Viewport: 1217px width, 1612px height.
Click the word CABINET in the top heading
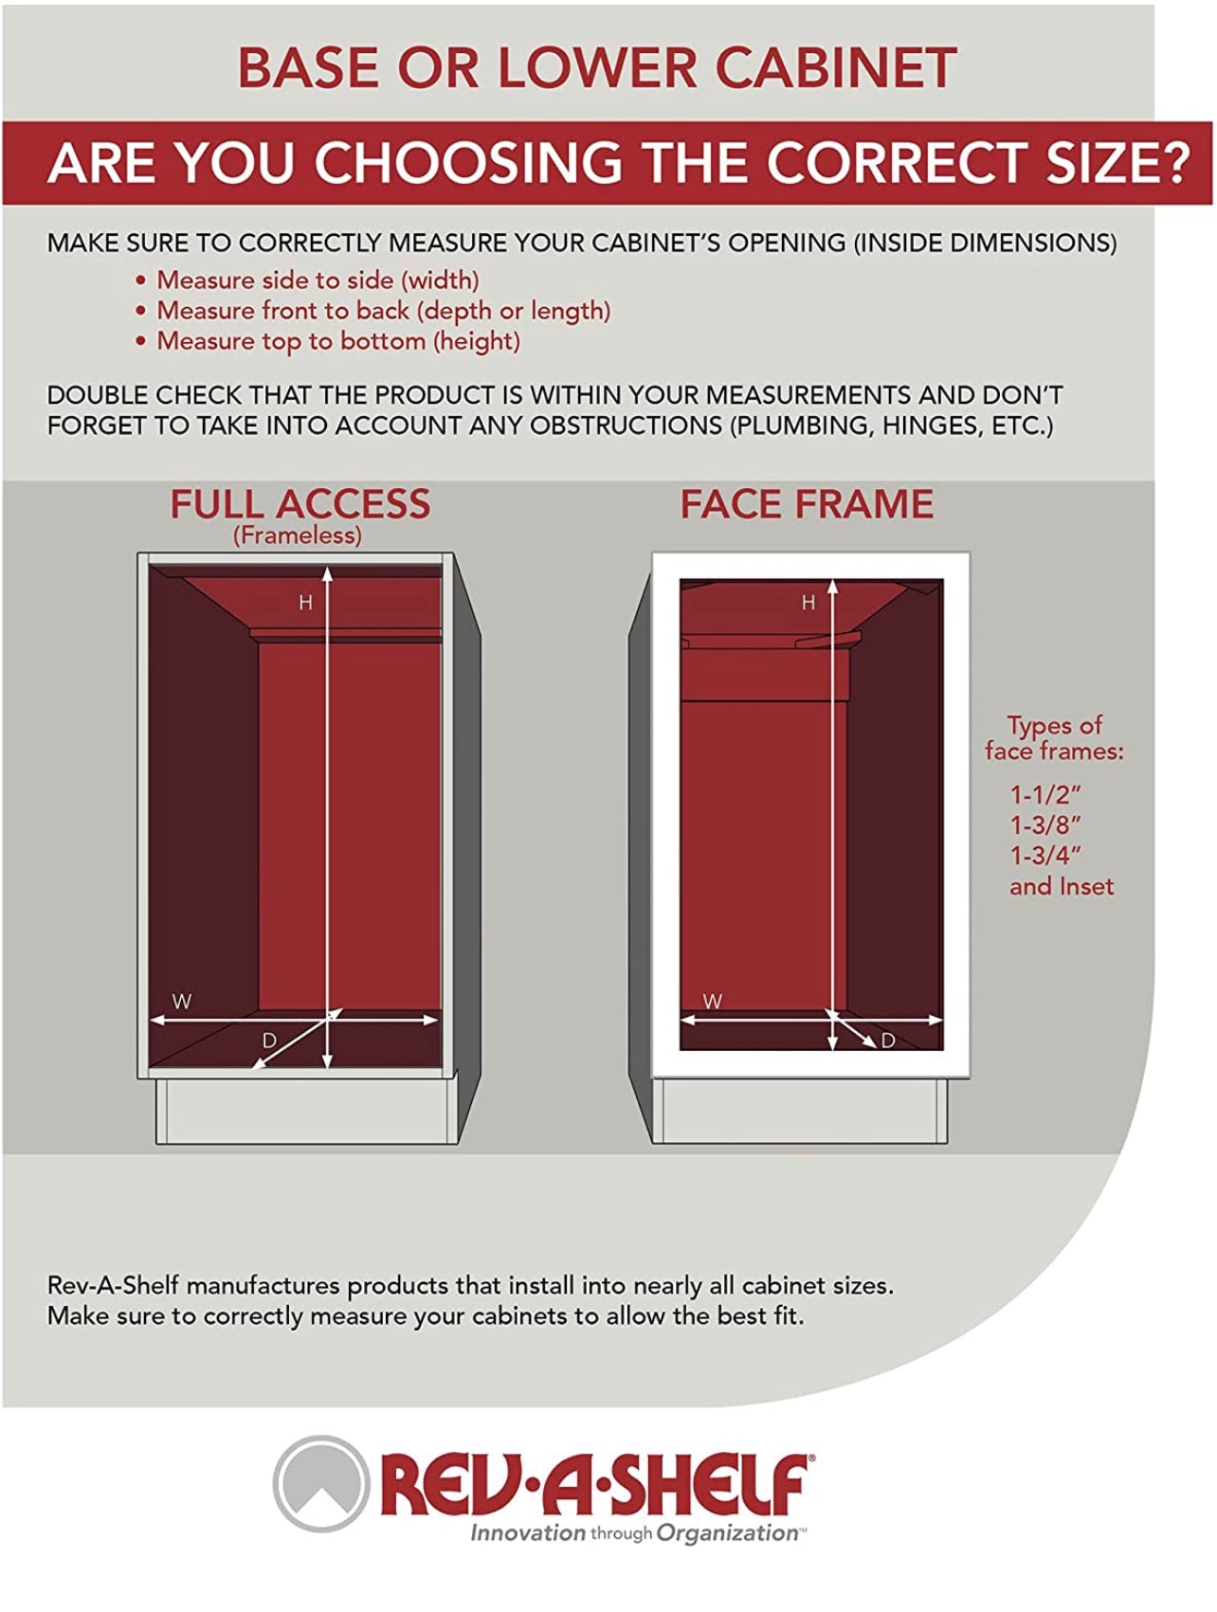[835, 67]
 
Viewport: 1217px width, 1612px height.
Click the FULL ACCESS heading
[300, 503]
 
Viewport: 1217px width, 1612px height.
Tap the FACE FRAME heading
[807, 503]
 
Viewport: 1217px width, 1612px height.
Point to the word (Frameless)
[298, 535]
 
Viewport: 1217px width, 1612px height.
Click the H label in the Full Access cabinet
[305, 602]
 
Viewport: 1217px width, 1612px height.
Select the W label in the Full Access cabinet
[182, 1002]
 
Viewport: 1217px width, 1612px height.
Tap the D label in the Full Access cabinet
[269, 1041]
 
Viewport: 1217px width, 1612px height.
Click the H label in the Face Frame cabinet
[808, 602]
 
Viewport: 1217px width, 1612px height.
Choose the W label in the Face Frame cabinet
[713, 1001]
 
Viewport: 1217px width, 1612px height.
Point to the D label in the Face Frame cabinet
[888, 1041]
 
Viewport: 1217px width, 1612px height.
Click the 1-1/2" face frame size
[1045, 794]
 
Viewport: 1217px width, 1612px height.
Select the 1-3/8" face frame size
[1045, 824]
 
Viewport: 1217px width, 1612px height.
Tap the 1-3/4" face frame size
[1045, 855]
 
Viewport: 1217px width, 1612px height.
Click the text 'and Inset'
[1062, 886]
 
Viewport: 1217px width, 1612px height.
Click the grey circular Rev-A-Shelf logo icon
[321, 1483]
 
